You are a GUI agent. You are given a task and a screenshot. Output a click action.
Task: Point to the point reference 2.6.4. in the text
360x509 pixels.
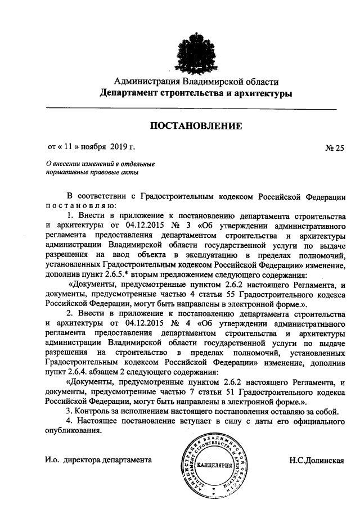[80, 372]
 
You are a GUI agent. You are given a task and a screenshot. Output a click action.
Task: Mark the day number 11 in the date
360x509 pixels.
[68, 147]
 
